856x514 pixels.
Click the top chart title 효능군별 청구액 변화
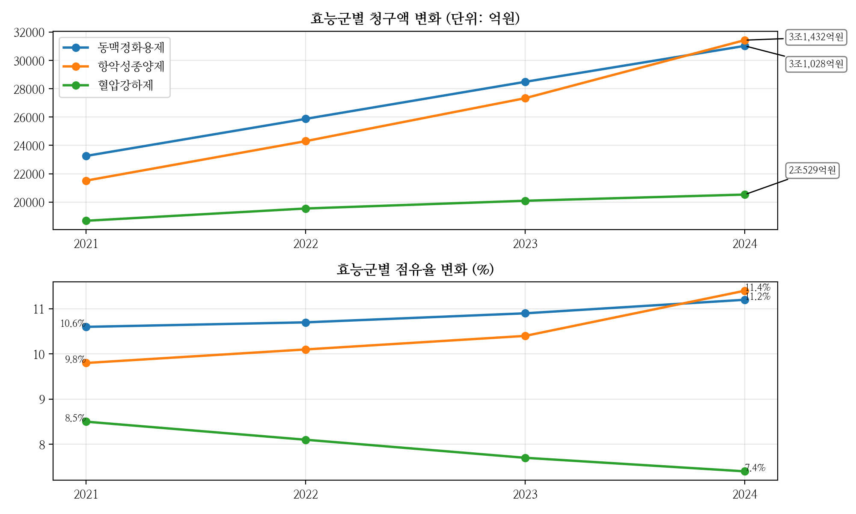pos(415,19)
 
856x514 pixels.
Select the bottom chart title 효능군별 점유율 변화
pos(415,269)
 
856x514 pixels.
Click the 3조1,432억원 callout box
pos(816,38)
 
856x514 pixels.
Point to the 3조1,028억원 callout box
pos(816,64)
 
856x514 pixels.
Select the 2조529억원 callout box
pos(812,170)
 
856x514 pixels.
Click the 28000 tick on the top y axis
pos(29,89)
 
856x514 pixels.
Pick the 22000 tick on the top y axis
pos(29,174)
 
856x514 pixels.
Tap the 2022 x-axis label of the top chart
pos(306,244)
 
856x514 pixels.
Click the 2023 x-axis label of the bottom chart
pos(525,495)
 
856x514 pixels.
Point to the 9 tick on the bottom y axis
pos(42,400)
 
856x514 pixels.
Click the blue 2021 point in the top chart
pos(86,156)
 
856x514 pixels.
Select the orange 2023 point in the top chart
pos(525,99)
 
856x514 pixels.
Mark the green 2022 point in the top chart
pos(306,209)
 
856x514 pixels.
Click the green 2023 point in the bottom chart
pos(525,458)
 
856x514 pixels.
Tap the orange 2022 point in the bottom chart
pos(306,350)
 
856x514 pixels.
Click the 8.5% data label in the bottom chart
pos(75,418)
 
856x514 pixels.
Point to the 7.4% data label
pos(755,468)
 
